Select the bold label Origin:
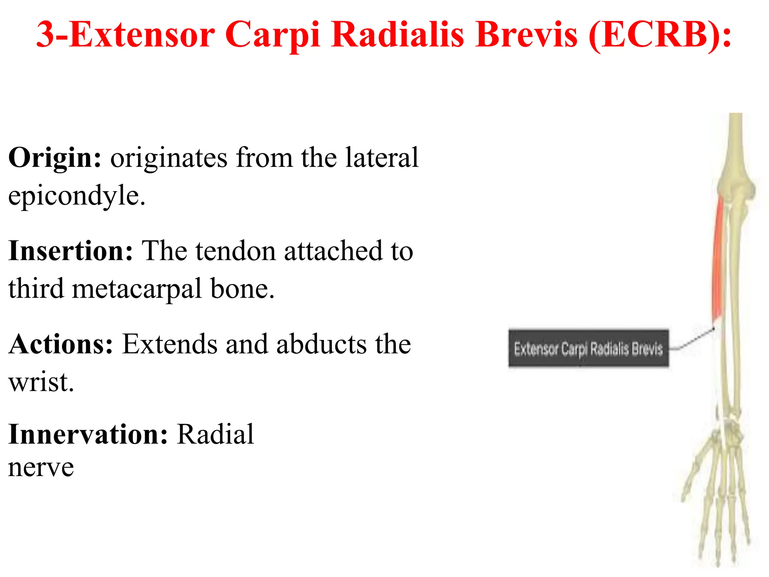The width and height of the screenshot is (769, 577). [x=55, y=158]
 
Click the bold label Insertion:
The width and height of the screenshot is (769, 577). [x=71, y=251]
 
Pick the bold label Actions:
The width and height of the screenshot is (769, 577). [x=61, y=344]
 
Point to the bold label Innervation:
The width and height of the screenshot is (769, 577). [x=88, y=434]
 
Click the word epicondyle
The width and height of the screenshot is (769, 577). [x=77, y=196]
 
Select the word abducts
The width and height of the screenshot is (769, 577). [x=321, y=344]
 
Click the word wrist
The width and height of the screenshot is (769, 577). [x=41, y=382]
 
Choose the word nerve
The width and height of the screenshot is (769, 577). [x=41, y=467]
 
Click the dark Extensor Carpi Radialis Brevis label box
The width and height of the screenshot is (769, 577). [x=588, y=349]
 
